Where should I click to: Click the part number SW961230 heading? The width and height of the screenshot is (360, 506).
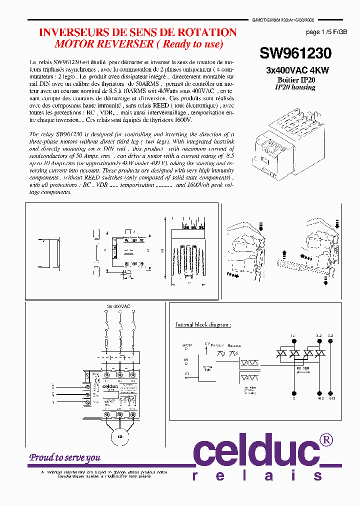pyautogui.click(x=295, y=53)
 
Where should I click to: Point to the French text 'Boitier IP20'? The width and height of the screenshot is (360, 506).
pyautogui.click(x=296, y=80)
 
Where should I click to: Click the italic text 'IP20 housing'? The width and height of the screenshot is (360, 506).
pyautogui.click(x=295, y=87)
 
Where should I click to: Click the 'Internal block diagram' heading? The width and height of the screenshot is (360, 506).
pyautogui.click(x=203, y=324)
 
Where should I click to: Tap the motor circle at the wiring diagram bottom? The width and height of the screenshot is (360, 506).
pyautogui.click(x=120, y=437)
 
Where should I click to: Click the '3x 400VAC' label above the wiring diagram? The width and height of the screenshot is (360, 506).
pyautogui.click(x=118, y=305)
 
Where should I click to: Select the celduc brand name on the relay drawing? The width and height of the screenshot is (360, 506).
pyautogui.click(x=114, y=385)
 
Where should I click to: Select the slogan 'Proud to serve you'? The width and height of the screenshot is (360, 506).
pyautogui.click(x=64, y=457)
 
